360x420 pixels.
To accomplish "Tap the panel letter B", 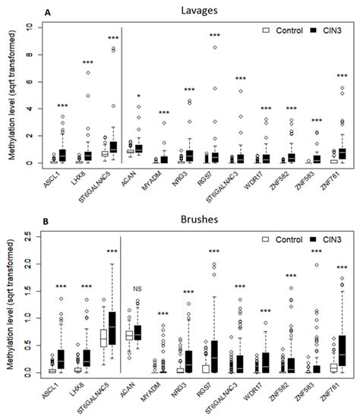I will tap(48, 222).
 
